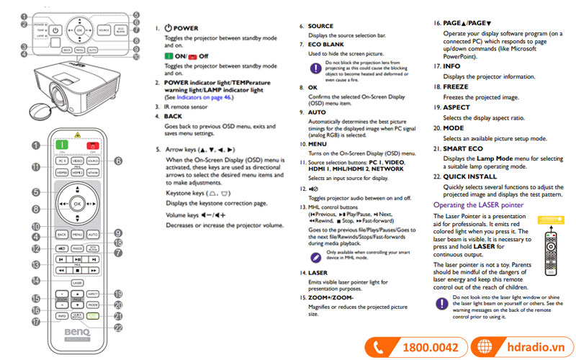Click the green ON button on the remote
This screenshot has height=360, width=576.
[x=61, y=145]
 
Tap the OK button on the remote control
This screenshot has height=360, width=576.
[x=77, y=204]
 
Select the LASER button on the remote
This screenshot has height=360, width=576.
[x=77, y=283]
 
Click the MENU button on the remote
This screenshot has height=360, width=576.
[x=77, y=235]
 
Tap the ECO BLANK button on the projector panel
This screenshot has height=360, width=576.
[x=121, y=30]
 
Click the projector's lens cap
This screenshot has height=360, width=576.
[x=37, y=109]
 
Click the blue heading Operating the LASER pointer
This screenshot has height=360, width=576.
[x=478, y=205]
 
